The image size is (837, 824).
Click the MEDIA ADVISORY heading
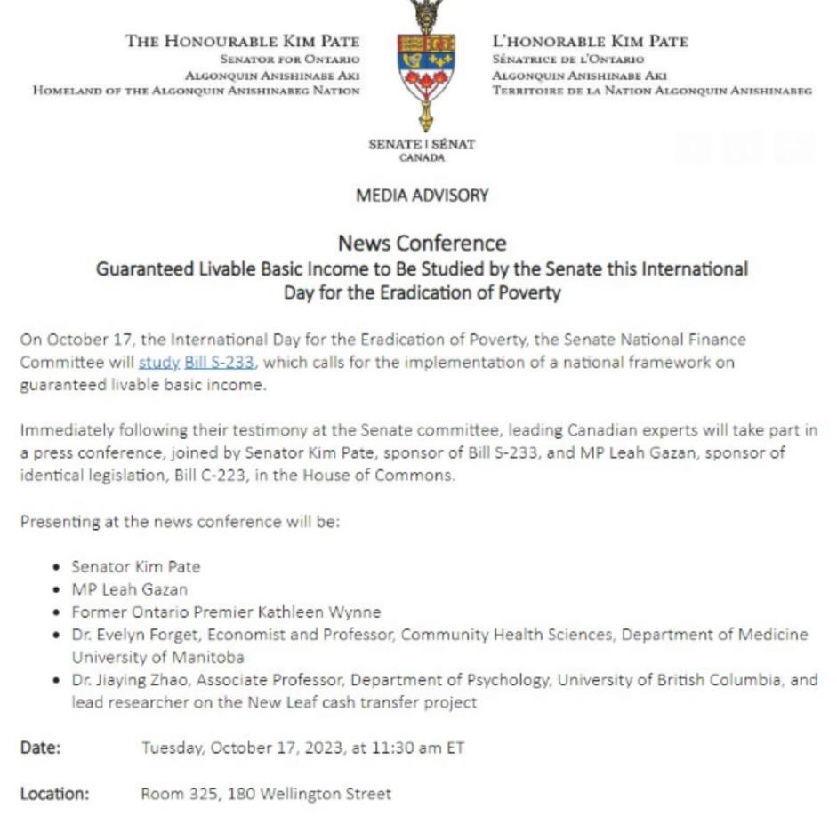[x=422, y=196]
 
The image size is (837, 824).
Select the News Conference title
[x=422, y=244]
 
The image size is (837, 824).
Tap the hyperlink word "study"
[x=158, y=363]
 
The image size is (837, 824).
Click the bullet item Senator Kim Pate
[x=136, y=566]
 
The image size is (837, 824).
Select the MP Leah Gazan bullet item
[x=130, y=589]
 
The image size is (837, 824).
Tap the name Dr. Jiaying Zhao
[x=128, y=680]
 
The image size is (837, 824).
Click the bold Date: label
[x=40, y=748]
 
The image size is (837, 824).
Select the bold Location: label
[x=54, y=794]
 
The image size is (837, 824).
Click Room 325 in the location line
[x=178, y=794]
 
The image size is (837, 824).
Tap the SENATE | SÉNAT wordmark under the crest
[x=422, y=145]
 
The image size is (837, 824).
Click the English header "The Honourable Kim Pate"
[x=242, y=42]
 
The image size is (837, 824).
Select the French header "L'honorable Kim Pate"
[x=590, y=42]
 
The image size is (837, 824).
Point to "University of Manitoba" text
[x=157, y=658]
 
